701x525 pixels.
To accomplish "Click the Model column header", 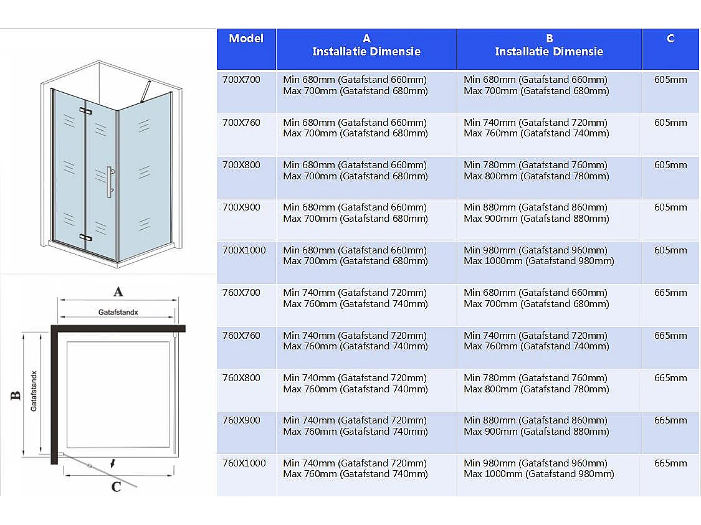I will pos(246,39).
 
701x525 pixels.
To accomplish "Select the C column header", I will pos(670,39).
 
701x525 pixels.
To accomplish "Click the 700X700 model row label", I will pos(241,80).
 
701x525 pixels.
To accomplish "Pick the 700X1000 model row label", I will pos(244,250).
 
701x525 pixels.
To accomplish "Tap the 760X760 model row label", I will pos(241,336).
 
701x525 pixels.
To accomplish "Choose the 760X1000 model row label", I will pos(244,463).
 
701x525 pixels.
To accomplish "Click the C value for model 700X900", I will pos(670,207).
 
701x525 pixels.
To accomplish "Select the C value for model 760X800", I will pos(670,378).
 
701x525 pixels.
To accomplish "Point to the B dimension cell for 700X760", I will pos(536,128).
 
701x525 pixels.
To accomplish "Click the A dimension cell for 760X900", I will pos(355,426).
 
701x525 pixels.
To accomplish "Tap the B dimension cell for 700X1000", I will pos(538,256).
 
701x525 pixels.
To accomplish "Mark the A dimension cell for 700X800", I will pos(355,171).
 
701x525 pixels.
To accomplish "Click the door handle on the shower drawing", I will pos(109,182).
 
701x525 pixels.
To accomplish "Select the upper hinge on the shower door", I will pos(85,111).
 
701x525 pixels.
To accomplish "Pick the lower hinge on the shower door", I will pos(85,237).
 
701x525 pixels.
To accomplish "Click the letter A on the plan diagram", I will pos(118,291).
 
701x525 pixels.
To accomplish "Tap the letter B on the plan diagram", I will pos(16,395).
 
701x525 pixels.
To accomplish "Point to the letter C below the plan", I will pos(116,486).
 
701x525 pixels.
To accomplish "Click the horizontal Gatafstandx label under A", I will pos(118,311).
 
